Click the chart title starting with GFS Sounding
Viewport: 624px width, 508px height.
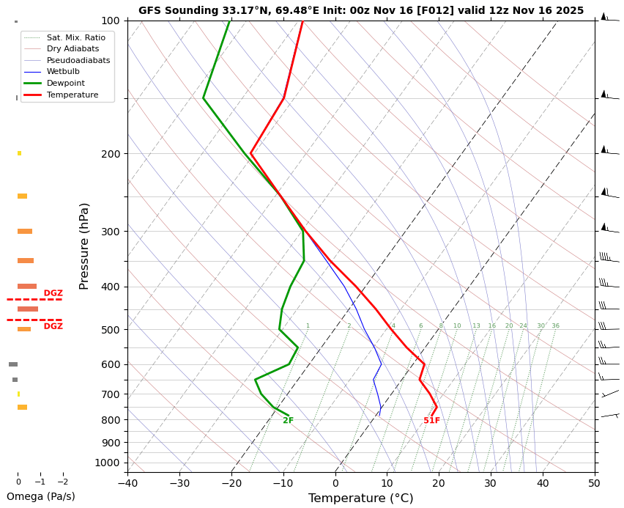tap(361, 10)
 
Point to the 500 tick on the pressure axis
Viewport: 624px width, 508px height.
tap(110, 330)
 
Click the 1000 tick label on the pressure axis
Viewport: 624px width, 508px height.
tap(107, 463)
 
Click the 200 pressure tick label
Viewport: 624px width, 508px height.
tap(110, 154)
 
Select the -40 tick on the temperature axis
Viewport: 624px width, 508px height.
tap(127, 484)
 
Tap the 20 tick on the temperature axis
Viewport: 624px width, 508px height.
tap(439, 484)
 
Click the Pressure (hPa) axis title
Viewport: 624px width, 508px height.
tap(84, 246)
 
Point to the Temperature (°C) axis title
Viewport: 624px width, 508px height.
tap(360, 498)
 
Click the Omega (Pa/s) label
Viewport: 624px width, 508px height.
tap(41, 496)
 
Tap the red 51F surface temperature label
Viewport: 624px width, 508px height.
tap(431, 421)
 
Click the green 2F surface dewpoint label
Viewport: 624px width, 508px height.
tap(288, 421)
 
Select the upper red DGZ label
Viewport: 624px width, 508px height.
tap(53, 293)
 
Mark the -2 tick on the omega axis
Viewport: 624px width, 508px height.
tap(63, 482)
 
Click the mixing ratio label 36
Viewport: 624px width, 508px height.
tap(555, 326)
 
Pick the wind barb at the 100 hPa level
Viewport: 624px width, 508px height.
tap(606, 18)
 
